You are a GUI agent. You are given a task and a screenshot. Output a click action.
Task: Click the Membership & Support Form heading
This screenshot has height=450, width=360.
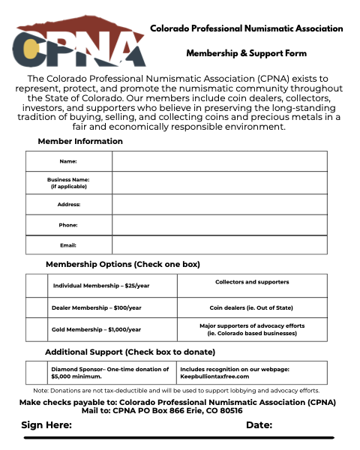tap(246, 54)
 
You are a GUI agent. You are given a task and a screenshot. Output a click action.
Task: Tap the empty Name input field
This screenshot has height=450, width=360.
tap(219, 161)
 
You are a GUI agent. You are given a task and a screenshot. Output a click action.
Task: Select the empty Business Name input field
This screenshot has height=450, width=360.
tap(219, 183)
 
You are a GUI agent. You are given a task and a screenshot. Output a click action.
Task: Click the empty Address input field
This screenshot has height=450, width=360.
tap(219, 204)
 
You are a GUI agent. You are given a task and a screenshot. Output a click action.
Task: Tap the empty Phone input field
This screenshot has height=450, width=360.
tap(219, 225)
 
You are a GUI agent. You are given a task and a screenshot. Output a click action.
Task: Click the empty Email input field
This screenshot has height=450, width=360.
tap(219, 245)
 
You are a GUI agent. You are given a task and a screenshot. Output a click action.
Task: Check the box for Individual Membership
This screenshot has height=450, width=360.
tap(37, 286)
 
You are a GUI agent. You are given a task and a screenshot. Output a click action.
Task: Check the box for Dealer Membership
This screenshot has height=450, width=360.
tap(37, 307)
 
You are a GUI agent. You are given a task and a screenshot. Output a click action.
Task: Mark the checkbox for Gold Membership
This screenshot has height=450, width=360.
tap(37, 329)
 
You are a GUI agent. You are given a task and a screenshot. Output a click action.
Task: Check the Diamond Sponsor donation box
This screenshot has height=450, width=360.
tap(37, 373)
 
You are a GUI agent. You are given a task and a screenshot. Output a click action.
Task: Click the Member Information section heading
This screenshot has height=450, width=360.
tap(80, 142)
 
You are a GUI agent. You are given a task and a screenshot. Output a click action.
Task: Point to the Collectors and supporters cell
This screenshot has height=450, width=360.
tap(252, 283)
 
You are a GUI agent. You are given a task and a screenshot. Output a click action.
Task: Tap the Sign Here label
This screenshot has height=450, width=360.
tap(46, 425)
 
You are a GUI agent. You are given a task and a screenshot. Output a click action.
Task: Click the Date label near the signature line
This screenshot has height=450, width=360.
tap(259, 425)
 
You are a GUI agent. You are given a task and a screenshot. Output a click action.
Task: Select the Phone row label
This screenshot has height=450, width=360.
tap(68, 225)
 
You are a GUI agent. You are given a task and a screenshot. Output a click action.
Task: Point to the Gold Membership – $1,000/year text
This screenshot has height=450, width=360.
tap(96, 329)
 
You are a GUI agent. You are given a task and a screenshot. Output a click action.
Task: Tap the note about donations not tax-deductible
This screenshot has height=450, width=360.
tap(176, 391)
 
